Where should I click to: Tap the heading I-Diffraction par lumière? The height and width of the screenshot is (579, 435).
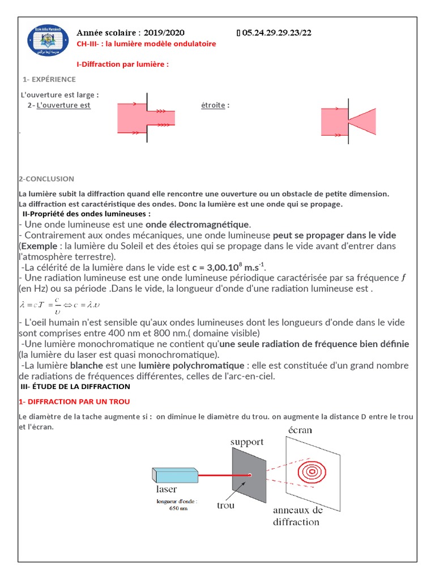tap(122, 64)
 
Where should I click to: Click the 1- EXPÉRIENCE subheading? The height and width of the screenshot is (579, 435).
tap(49, 79)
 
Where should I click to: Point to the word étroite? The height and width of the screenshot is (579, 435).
tap(213, 105)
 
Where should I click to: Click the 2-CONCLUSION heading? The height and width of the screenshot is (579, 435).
tap(46, 179)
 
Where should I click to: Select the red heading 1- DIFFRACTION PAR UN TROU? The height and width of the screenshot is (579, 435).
tap(74, 401)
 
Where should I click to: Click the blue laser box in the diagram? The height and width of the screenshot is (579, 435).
tap(174, 475)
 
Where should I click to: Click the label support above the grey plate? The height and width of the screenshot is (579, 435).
tap(247, 441)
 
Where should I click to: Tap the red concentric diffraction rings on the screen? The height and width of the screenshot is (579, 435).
tap(311, 470)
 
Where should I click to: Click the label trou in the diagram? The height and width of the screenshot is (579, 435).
tap(225, 505)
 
